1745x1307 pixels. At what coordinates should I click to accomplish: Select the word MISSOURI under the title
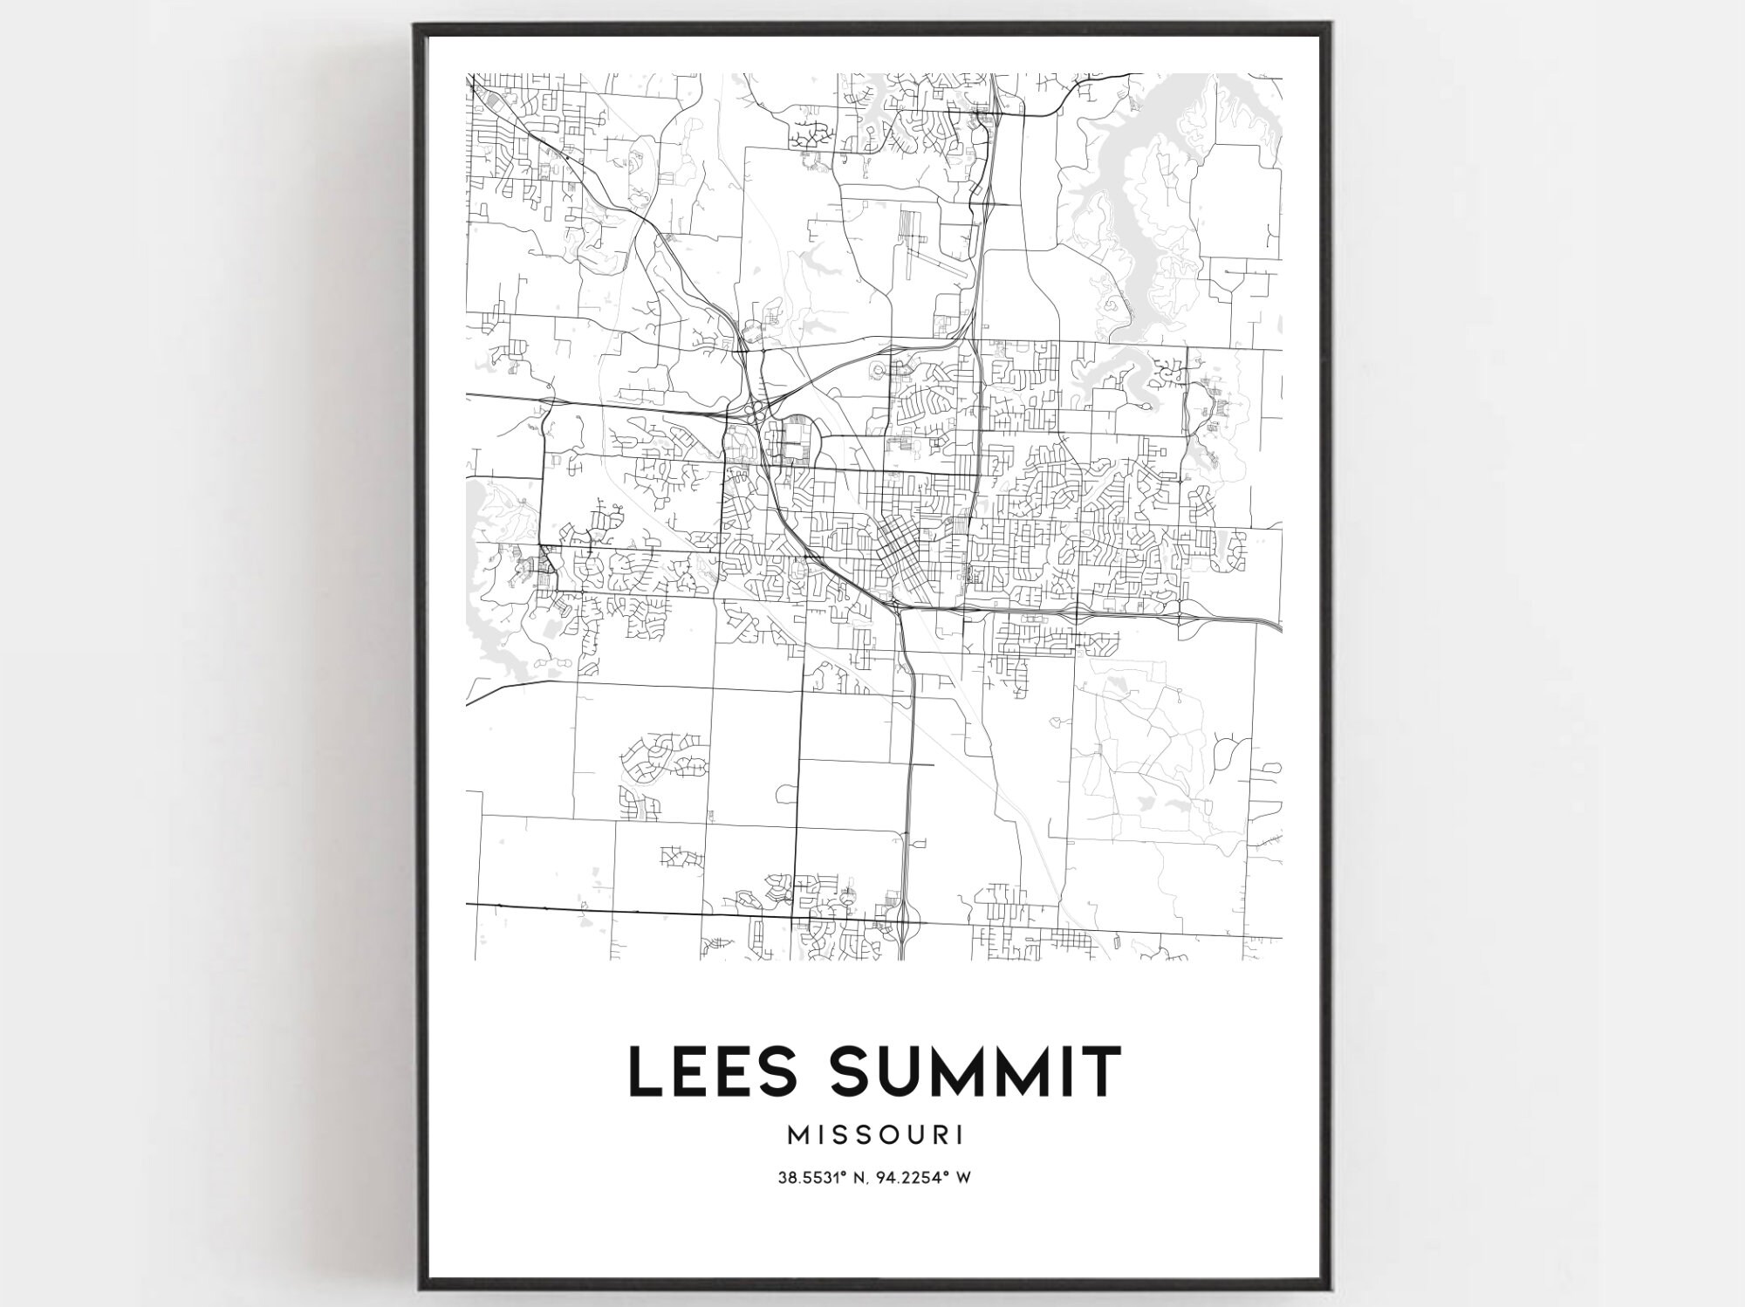pyautogui.click(x=875, y=1135)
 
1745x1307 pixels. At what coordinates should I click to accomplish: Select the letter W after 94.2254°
pyautogui.click(x=963, y=1178)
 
